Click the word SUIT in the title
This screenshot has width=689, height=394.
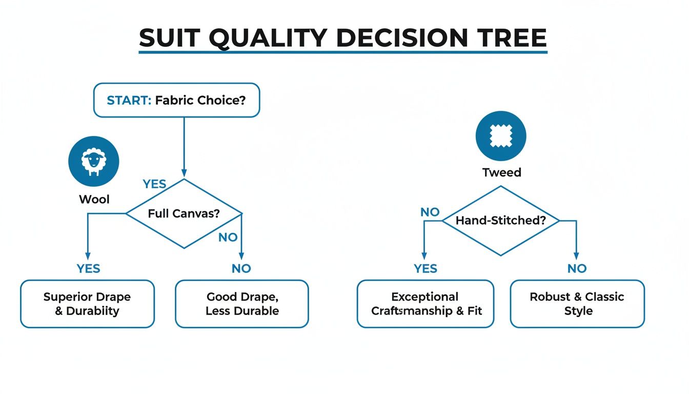[169, 38]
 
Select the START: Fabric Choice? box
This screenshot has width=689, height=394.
[176, 101]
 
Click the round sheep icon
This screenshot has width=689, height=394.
[93, 161]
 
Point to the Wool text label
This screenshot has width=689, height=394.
[94, 199]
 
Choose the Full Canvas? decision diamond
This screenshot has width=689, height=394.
[184, 213]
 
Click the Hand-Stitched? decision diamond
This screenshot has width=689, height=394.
[500, 221]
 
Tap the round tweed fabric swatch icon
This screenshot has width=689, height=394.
[500, 136]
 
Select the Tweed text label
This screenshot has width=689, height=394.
[501, 172]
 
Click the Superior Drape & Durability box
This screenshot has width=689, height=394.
[87, 304]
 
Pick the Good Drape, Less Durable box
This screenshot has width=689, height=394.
[242, 304]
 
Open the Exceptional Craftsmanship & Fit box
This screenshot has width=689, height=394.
[425, 304]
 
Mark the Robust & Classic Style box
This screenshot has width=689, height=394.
[577, 304]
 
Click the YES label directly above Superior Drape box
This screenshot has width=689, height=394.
[89, 268]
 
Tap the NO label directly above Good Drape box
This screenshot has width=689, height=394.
[241, 268]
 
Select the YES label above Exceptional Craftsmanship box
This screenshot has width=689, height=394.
[425, 268]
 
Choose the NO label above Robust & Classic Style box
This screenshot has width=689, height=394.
[577, 268]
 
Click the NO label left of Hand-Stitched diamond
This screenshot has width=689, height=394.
[430, 212]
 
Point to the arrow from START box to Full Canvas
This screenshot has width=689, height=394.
[184, 147]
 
